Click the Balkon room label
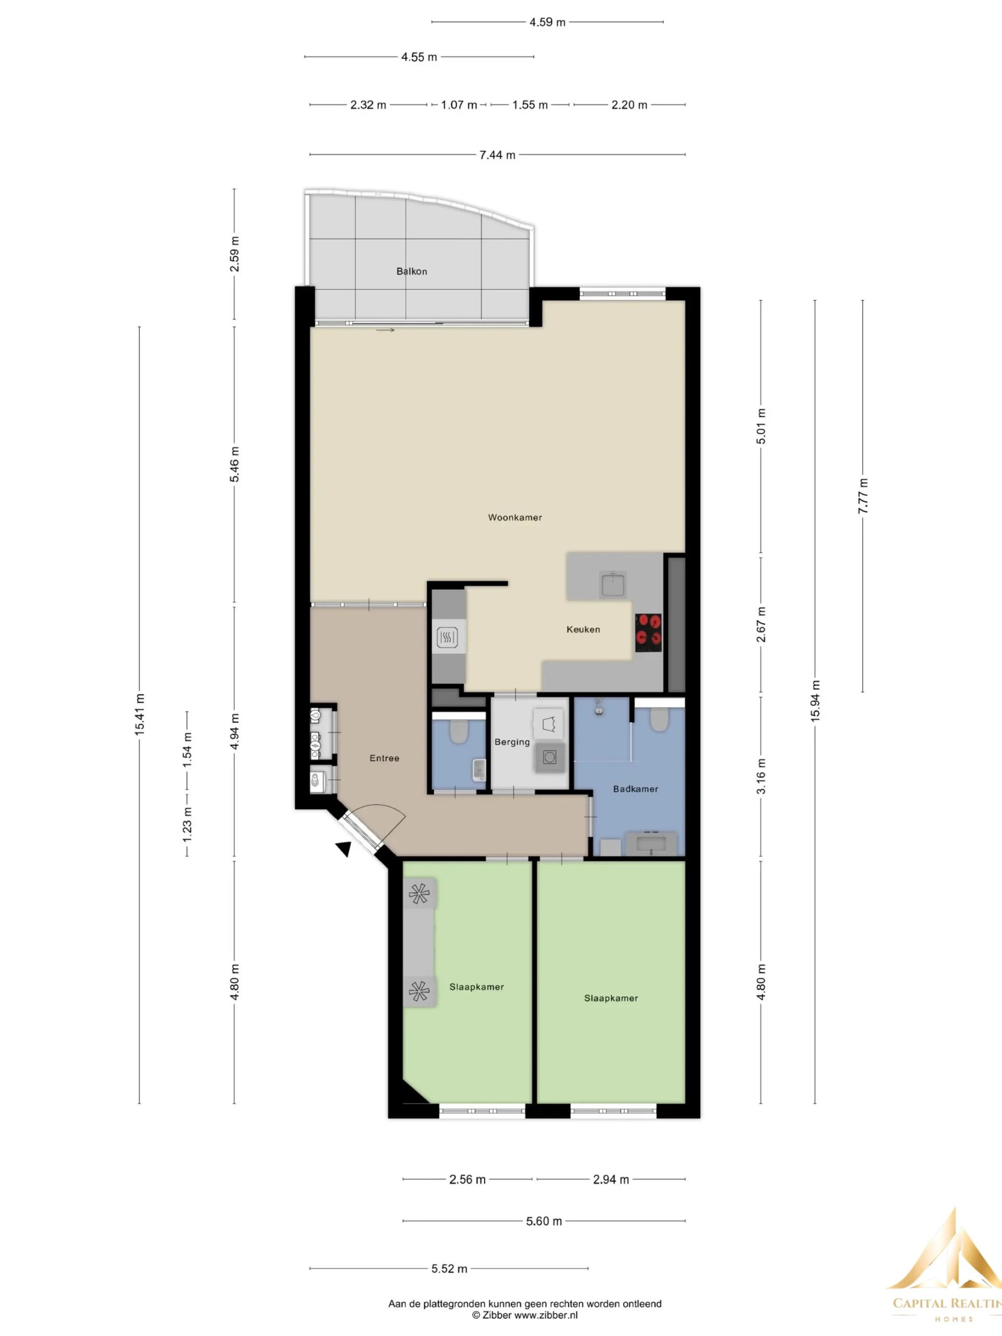point(411,271)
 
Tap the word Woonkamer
point(515,517)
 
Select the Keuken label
point(583,629)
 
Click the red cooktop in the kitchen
point(648,633)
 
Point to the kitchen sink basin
point(613,584)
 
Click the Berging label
point(511,742)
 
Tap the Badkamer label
point(636,788)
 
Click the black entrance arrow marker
point(344,849)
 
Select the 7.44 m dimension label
point(497,154)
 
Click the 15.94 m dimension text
point(815,700)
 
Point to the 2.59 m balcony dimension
point(234,254)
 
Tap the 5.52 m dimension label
point(449,1268)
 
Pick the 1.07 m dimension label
point(458,104)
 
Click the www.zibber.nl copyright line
point(524,1315)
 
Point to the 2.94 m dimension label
point(611,1179)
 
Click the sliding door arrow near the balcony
point(385,330)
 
